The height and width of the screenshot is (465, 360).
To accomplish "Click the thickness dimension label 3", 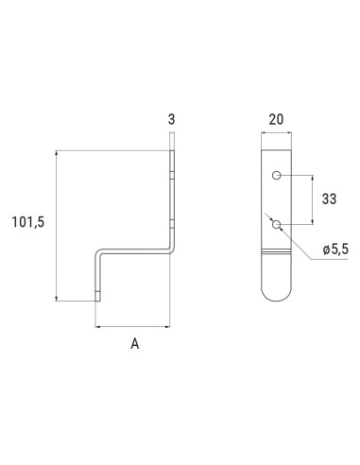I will [x=171, y=120].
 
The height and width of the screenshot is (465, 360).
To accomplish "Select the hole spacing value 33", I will [x=330, y=199].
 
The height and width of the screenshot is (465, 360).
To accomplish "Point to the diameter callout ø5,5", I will [x=335, y=248].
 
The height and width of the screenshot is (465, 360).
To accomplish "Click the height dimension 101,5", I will [x=29, y=222].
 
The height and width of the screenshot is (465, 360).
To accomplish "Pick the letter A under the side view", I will [x=134, y=345].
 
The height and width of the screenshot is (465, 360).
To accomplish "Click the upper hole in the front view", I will [x=275, y=176].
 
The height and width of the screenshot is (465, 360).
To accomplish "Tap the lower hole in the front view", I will [x=275, y=224].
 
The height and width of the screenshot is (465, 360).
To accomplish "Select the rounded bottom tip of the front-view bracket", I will [x=275, y=296].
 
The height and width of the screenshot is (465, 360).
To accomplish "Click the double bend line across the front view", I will [x=275, y=254].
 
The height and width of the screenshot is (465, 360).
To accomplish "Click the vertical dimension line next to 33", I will [x=312, y=199].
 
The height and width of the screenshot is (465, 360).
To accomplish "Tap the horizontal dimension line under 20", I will [x=275, y=134].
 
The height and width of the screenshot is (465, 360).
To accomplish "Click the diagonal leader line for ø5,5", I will [x=298, y=242].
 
